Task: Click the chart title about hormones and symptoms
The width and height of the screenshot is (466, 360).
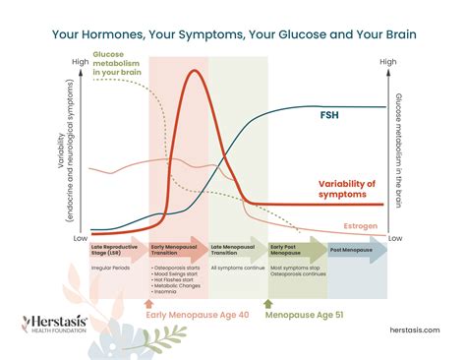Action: [x=233, y=35]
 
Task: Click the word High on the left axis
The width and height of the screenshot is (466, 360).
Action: [x=81, y=62]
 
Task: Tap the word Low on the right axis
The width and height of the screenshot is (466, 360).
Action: [x=395, y=239]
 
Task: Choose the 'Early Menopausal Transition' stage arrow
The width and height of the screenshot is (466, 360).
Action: [x=177, y=250]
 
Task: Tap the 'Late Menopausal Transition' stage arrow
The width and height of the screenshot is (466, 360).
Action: [x=237, y=250]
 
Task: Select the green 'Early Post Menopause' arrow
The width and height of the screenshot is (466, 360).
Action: [x=297, y=250]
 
